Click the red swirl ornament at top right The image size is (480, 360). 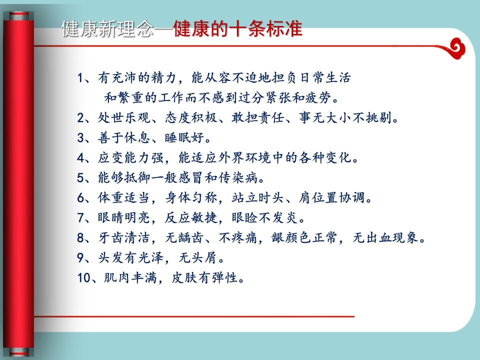pyautogui.click(x=456, y=48)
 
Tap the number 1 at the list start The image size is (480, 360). pyautogui.click(x=80, y=78)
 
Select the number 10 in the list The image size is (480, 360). pyautogui.click(x=84, y=278)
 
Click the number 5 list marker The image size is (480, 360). pyautogui.click(x=80, y=178)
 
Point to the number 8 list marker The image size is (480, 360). pyautogui.click(x=80, y=238)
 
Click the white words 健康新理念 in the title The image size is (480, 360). pyautogui.click(x=107, y=29)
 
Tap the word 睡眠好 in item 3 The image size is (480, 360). pyautogui.click(x=184, y=138)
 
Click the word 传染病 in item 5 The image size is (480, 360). pyautogui.click(x=238, y=178)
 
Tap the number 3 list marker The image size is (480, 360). pyautogui.click(x=80, y=138)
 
